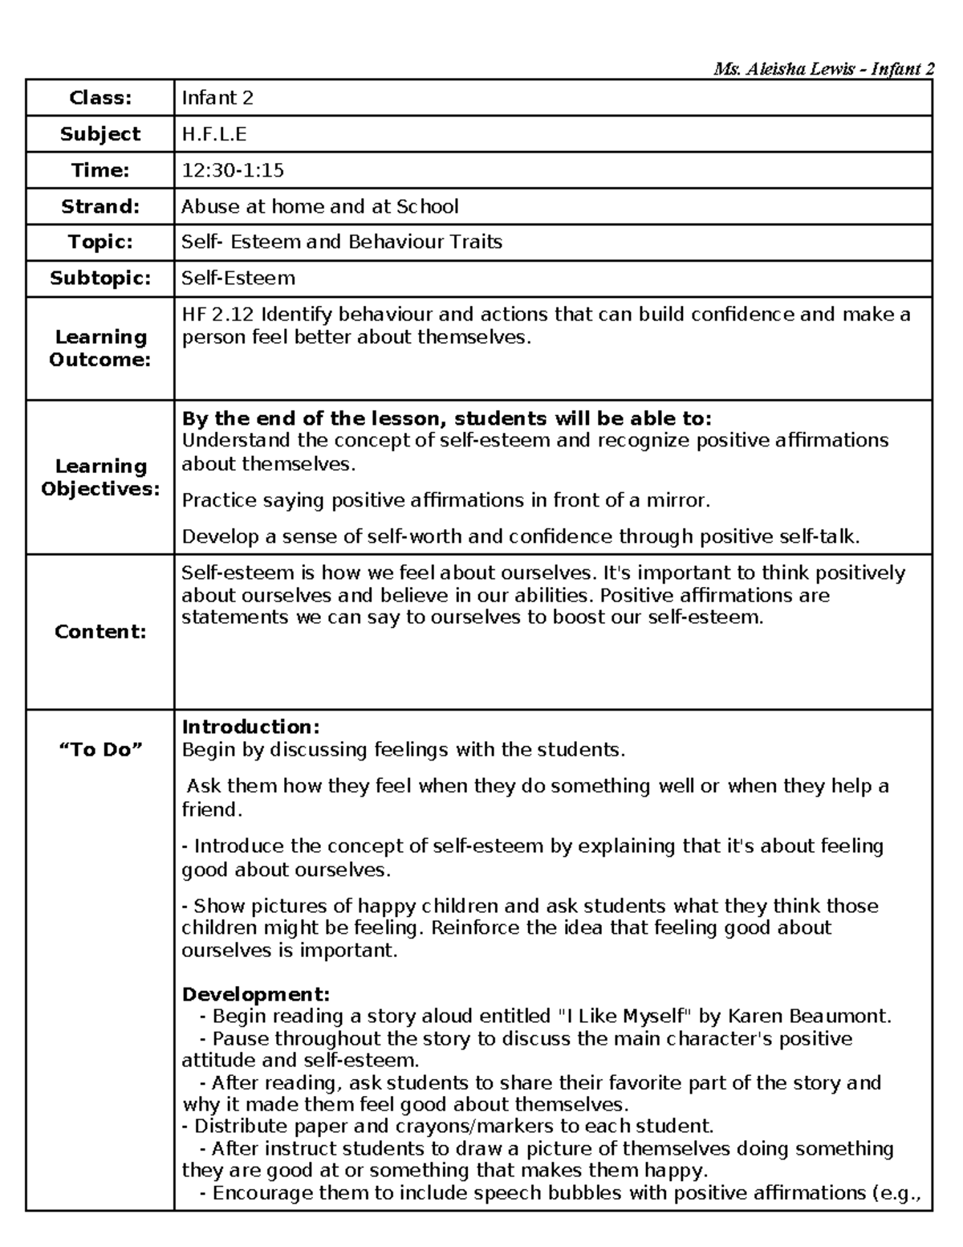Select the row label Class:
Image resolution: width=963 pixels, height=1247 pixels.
(x=100, y=98)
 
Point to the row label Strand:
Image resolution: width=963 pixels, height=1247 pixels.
(x=100, y=206)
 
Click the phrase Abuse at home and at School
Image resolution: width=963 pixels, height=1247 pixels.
(x=319, y=206)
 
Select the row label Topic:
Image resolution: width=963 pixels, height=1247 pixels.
(x=100, y=242)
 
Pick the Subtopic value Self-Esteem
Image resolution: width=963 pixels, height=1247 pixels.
(x=238, y=278)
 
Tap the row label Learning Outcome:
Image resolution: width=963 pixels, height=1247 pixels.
(x=100, y=348)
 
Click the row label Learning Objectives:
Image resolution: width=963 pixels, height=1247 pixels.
(x=100, y=477)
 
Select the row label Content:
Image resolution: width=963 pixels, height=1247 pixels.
(x=100, y=631)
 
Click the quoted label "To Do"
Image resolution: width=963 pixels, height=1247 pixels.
(x=100, y=749)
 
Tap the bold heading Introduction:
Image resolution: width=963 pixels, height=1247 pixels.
(x=250, y=727)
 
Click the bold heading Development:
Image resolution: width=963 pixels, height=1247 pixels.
(x=256, y=994)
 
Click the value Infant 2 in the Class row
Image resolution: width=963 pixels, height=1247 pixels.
(x=217, y=98)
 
